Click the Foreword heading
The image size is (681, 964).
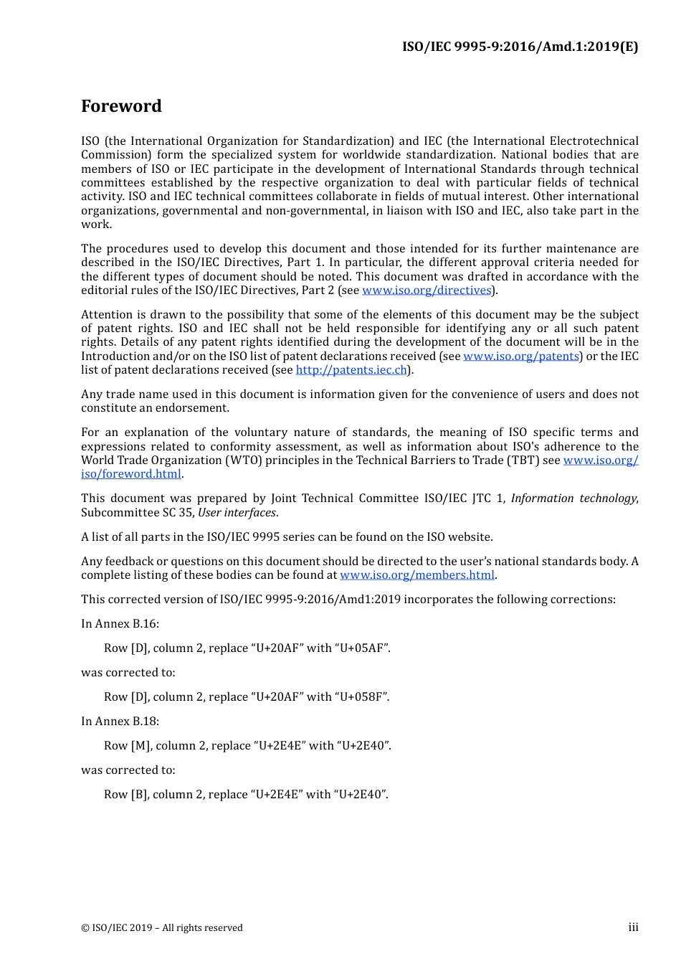click(121, 106)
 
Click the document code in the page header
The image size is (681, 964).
click(520, 47)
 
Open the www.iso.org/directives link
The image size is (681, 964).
click(427, 290)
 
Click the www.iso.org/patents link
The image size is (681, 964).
click(521, 356)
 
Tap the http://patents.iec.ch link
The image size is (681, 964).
click(351, 370)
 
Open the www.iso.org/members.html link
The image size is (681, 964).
click(417, 575)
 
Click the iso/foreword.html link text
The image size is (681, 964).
click(131, 474)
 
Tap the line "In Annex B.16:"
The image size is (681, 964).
click(120, 624)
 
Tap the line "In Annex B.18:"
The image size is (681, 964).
click(120, 722)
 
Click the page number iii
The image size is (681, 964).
click(633, 927)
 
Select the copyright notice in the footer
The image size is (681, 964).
click(162, 928)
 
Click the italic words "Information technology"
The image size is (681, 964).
click(573, 498)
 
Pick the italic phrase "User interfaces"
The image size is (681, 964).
click(237, 513)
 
